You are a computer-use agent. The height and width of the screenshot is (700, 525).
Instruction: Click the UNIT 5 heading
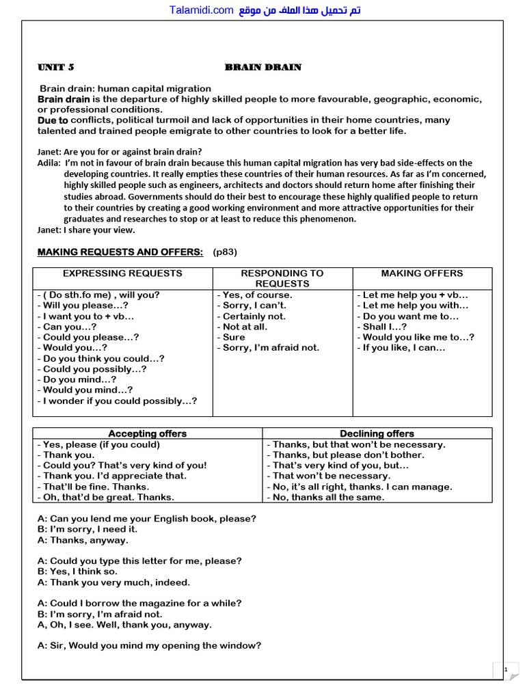(x=55, y=67)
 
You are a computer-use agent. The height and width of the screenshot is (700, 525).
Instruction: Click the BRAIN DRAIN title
(x=263, y=67)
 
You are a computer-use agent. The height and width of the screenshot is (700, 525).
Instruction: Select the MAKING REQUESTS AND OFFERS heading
(x=120, y=252)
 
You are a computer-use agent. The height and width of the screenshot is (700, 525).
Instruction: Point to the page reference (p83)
(x=225, y=252)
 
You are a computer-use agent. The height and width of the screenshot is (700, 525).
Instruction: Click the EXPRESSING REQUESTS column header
(x=122, y=273)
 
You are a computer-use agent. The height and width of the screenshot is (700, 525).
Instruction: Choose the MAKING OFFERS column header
(x=422, y=273)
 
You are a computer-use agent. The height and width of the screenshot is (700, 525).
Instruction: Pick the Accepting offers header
(x=147, y=433)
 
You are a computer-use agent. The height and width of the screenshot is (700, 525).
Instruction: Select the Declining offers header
(x=377, y=433)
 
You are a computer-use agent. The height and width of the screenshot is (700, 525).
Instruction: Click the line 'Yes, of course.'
(x=254, y=295)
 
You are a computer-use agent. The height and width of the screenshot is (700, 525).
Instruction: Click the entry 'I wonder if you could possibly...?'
(x=117, y=401)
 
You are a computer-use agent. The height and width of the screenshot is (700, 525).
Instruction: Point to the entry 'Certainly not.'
(x=252, y=316)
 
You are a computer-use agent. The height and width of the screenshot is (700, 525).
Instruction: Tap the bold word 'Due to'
(x=53, y=120)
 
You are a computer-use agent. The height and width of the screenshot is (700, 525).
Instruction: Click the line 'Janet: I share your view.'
(x=86, y=230)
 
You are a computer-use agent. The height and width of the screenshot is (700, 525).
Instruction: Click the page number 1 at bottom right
(x=505, y=670)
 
